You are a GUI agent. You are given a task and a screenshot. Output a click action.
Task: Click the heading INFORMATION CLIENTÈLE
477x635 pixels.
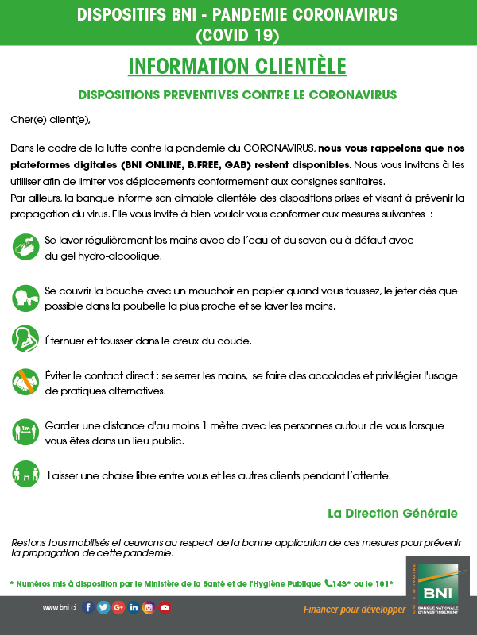(238, 65)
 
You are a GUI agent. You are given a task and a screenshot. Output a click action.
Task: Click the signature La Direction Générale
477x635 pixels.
(393, 513)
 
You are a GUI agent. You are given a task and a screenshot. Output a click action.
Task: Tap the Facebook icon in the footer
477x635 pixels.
(88, 608)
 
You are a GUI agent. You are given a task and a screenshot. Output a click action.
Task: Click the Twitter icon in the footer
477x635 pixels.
(103, 608)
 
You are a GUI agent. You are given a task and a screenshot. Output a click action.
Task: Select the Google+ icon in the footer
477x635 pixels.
(118, 608)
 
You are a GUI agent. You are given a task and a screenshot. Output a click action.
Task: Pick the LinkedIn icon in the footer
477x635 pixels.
(134, 608)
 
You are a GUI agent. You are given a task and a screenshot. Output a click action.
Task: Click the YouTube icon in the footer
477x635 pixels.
(165, 608)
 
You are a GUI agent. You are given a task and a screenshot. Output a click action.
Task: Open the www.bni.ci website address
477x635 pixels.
(60, 608)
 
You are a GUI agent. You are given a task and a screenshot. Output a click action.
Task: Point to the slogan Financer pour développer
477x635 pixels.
(354, 609)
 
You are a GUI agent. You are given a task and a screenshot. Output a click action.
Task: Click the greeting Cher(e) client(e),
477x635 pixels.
(51, 120)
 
